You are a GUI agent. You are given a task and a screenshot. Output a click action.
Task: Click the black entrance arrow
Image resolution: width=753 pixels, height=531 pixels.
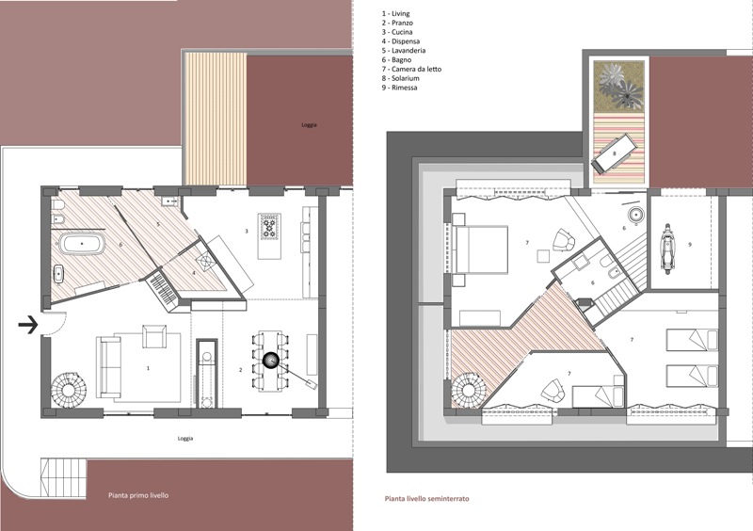28,325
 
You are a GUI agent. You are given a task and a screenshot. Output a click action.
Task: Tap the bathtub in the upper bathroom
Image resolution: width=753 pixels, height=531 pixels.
82,244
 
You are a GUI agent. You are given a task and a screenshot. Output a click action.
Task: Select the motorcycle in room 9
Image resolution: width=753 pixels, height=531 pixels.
666,249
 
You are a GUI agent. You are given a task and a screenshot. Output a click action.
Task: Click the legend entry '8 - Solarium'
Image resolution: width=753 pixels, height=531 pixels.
401,78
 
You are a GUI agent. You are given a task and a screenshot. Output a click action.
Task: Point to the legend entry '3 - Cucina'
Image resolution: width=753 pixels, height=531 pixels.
397,32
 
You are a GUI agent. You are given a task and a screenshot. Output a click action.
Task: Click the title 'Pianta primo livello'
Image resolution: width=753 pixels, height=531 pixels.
138,495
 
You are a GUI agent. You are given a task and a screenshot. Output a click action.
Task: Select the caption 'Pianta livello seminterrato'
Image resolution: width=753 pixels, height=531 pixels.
427,499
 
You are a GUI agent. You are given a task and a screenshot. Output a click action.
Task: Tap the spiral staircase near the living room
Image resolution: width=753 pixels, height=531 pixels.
70,390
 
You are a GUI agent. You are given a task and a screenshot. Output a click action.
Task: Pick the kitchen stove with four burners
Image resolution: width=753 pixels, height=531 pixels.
269,226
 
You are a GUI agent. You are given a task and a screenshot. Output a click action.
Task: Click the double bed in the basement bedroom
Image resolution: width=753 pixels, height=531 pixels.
481,249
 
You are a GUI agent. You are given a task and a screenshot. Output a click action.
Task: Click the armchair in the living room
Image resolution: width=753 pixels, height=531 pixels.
154,336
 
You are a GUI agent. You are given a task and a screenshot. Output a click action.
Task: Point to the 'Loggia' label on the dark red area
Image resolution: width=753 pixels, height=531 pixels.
309,125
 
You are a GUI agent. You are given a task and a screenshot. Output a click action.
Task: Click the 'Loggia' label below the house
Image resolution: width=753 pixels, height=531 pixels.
185,438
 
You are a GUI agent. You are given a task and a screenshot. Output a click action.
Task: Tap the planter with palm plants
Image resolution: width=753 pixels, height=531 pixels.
618,86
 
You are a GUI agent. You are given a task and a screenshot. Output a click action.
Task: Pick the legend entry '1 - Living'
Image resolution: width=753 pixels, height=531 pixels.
395,14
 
